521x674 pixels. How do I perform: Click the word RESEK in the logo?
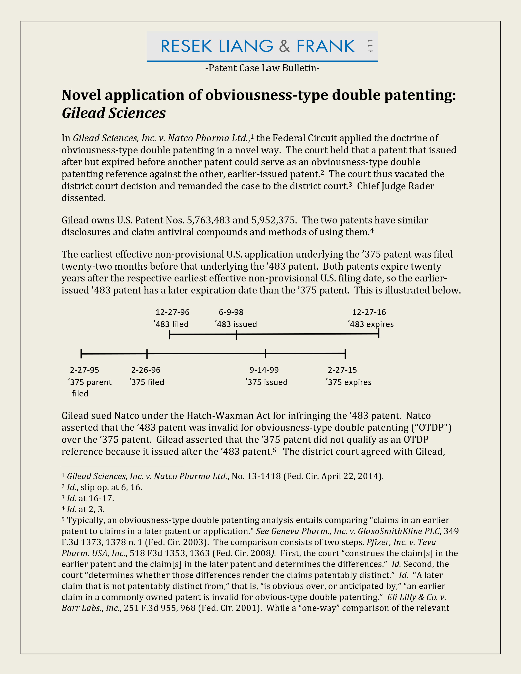[186, 46]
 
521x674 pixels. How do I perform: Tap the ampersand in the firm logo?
[284, 46]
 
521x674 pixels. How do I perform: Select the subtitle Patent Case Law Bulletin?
[262, 68]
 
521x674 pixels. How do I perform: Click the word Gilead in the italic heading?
[84, 113]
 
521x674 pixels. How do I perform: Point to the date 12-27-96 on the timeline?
[172, 312]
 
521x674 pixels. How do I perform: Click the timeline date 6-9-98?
[231, 312]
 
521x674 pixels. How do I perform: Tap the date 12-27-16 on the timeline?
[369, 312]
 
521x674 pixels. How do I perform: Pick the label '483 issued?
[236, 324]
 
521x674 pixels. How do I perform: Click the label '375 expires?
[349, 382]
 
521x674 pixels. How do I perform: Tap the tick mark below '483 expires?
[379, 334]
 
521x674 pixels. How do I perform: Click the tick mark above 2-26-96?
[147, 354]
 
